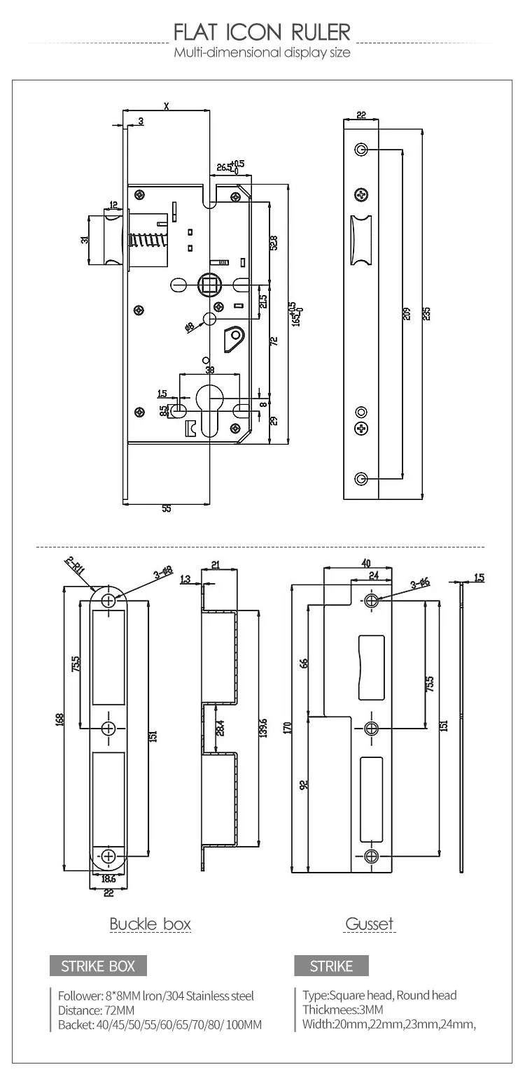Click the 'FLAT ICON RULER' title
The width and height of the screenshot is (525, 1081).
pos(262,32)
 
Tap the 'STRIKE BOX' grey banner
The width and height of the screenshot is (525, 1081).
pos(98,966)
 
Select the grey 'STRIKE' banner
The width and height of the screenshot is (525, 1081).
pos(331,966)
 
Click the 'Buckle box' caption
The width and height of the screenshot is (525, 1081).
pos(150,924)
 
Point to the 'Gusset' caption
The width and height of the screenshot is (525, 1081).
pos(370,924)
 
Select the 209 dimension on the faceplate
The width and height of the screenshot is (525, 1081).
pos(406,313)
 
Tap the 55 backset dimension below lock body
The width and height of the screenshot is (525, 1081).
pos(166,509)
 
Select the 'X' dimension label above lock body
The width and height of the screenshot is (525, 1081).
pos(166,106)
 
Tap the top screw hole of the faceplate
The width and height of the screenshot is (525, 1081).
pos(361,150)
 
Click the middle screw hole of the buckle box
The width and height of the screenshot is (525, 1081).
pos(108,729)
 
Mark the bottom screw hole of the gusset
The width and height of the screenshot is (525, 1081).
pos(372,856)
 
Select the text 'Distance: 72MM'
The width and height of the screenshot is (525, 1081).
pos(96,1010)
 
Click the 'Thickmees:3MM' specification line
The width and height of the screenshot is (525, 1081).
pos(343,1010)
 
